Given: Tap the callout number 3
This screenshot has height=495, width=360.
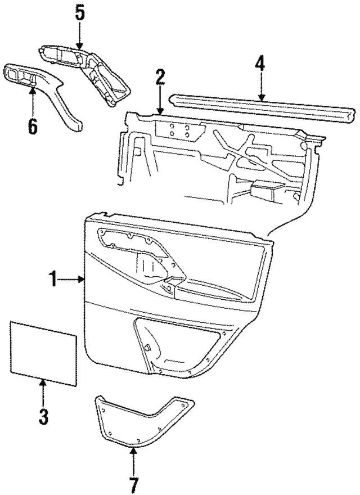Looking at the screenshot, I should (x=43, y=417).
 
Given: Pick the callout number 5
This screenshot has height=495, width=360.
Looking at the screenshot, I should (x=80, y=13).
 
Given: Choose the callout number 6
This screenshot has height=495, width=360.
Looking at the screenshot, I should (x=33, y=125).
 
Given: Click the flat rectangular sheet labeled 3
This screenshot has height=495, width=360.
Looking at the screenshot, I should (x=43, y=353).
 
